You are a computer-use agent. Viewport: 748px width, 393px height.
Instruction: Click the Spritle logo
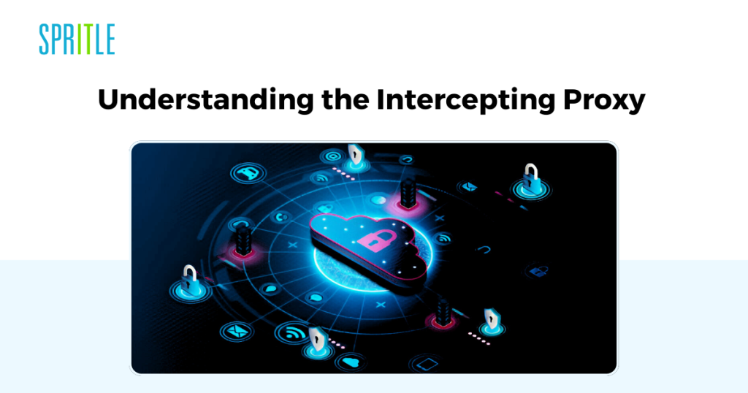click(x=77, y=39)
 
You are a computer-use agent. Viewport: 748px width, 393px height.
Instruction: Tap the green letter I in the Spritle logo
click(x=82, y=39)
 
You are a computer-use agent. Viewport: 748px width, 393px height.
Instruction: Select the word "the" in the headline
click(x=346, y=99)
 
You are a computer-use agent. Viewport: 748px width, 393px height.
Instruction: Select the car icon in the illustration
click(x=248, y=173)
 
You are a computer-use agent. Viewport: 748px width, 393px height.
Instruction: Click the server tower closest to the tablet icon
click(x=443, y=313)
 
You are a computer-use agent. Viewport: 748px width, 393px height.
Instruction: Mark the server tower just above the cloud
click(x=408, y=193)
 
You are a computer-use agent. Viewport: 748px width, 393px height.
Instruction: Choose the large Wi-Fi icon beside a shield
click(x=292, y=332)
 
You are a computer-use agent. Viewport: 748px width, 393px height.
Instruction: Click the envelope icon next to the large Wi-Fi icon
click(x=237, y=331)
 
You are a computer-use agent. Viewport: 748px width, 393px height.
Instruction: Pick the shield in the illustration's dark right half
click(x=492, y=319)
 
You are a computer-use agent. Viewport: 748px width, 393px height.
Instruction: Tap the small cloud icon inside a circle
click(x=351, y=362)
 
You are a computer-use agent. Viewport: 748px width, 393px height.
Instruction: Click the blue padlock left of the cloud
click(x=190, y=281)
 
